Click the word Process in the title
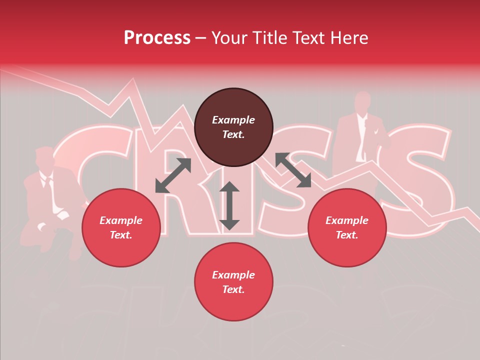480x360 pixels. (x=157, y=38)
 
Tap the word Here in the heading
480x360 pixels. (x=348, y=38)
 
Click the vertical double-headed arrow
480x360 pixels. (x=229, y=205)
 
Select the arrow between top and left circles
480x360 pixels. (x=173, y=175)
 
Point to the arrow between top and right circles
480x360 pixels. (x=293, y=170)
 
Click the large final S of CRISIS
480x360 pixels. (x=420, y=190)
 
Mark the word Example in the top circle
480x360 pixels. (x=233, y=120)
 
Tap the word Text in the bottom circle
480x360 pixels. (x=233, y=289)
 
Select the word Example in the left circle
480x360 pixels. (x=121, y=220)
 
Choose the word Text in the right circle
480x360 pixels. (x=346, y=235)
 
